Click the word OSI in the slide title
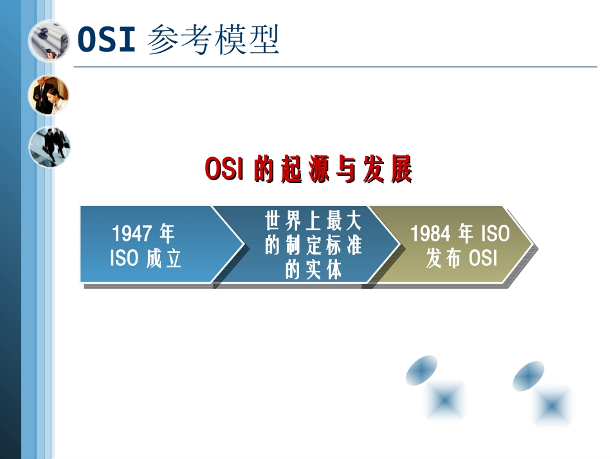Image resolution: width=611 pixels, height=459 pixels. (x=106, y=40)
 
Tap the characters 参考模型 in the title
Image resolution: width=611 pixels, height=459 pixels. (x=214, y=40)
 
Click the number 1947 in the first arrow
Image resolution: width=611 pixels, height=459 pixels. (x=132, y=233)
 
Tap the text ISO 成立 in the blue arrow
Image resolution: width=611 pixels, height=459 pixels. (x=146, y=258)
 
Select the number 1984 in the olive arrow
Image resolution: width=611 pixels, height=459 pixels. (x=430, y=233)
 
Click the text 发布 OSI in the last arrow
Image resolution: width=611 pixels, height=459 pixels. (x=462, y=258)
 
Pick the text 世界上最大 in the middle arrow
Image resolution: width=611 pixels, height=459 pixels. (x=314, y=222)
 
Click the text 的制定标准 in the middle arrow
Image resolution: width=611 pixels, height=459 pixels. (x=314, y=246)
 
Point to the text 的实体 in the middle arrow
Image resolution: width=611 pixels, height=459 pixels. (x=314, y=270)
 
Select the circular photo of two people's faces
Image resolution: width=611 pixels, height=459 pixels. (x=49, y=95)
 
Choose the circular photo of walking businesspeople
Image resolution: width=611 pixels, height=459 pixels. (x=49, y=146)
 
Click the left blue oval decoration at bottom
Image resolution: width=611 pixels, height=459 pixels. (x=422, y=371)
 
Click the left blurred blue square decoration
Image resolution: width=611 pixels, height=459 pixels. (x=445, y=400)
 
